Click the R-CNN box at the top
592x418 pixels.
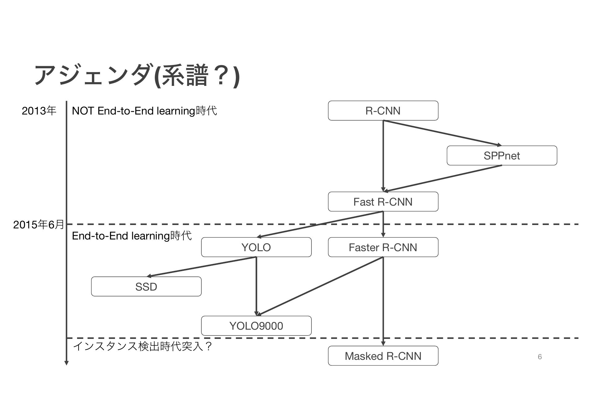click(x=383, y=111)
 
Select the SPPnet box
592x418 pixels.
click(x=502, y=155)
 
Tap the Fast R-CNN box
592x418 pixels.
click(x=383, y=202)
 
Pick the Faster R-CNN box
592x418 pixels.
click(x=383, y=247)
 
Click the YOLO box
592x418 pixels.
click(x=256, y=247)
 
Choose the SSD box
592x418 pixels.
click(x=146, y=287)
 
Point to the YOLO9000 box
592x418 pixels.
click(x=256, y=326)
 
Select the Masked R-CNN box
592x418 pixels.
click(x=383, y=356)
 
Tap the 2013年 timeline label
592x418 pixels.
click(x=39, y=111)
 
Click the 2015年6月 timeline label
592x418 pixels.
click(x=39, y=224)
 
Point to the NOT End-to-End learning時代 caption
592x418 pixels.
click(x=144, y=111)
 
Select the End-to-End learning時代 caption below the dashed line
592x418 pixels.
click(x=132, y=236)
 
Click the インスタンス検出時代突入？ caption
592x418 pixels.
click(x=142, y=346)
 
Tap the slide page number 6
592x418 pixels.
click(x=540, y=357)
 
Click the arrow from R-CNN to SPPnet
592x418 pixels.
click(x=442, y=133)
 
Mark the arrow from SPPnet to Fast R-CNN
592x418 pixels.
click(x=442, y=179)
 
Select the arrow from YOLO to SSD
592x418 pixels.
click(x=201, y=267)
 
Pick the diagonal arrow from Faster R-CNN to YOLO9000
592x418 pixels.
click(x=320, y=286)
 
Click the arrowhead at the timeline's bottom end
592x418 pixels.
click(x=66, y=363)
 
